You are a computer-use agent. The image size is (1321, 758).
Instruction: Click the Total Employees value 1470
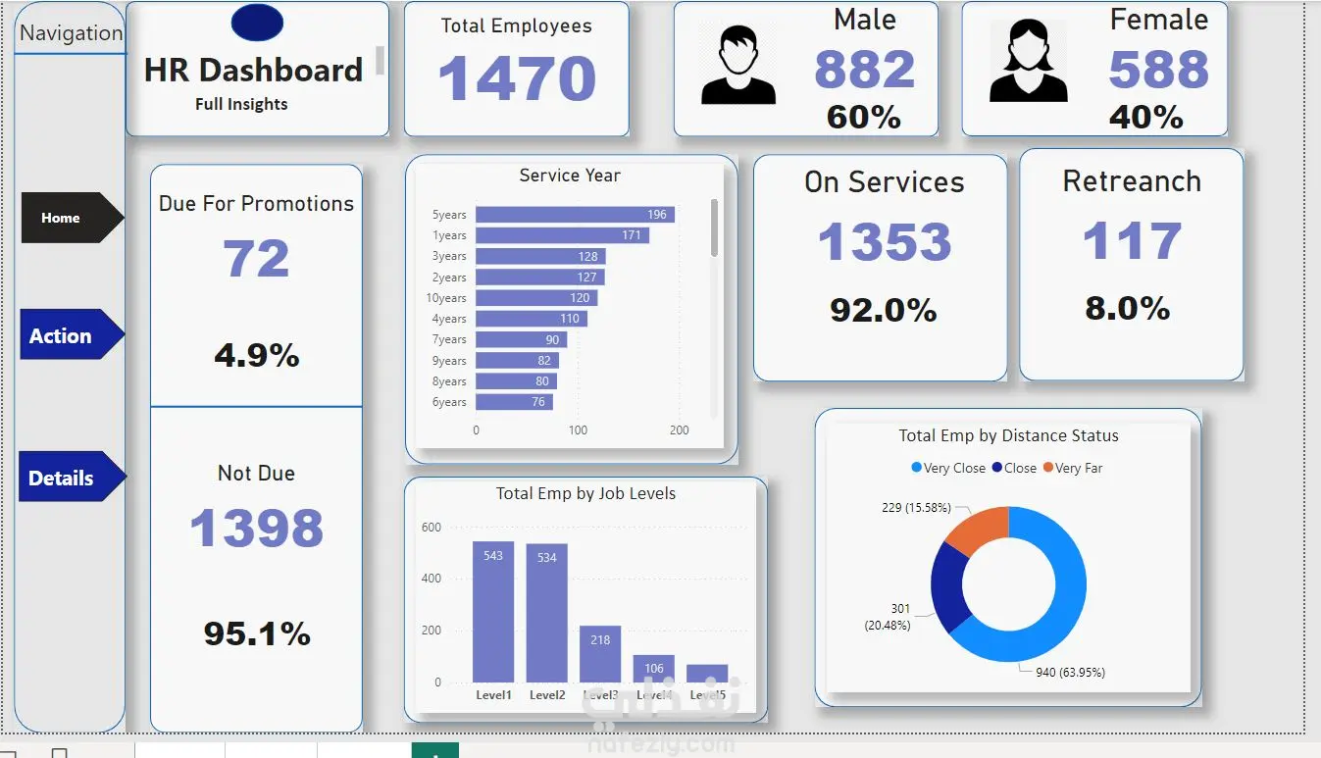point(517,79)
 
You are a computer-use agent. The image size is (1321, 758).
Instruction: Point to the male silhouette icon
point(738,65)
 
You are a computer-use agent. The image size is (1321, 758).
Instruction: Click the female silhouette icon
point(1028,63)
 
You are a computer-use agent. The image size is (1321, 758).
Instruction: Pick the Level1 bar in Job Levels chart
point(493,612)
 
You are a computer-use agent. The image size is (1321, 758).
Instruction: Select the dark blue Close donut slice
point(947,586)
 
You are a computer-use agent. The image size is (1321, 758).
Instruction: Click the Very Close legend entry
point(948,468)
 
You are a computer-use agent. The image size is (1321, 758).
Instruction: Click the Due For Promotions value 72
point(256,259)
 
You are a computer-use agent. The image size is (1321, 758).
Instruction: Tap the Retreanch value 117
point(1132,241)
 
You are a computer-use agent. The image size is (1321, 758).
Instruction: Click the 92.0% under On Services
point(883,310)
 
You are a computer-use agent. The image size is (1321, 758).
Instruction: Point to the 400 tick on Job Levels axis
point(432,579)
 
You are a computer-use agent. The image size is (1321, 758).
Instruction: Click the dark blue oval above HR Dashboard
point(257,23)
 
